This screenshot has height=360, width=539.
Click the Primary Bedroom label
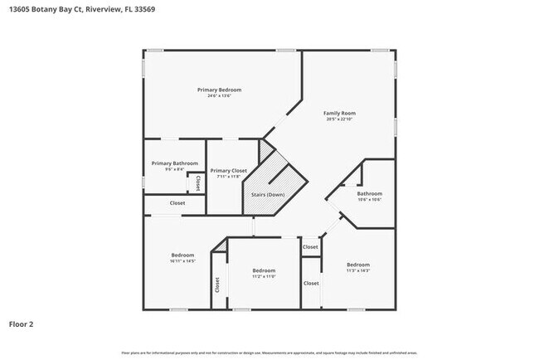[x=219, y=89]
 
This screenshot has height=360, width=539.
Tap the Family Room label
[x=340, y=113]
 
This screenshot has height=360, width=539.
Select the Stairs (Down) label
[x=268, y=194]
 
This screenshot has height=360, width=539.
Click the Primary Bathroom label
[x=174, y=163]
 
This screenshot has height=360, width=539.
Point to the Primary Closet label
[x=228, y=171]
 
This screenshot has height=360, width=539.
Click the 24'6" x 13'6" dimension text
[x=219, y=95]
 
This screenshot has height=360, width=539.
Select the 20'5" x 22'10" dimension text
[x=340, y=119]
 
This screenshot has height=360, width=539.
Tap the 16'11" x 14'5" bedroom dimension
[x=182, y=261]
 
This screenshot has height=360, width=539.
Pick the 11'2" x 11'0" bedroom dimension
[x=264, y=277]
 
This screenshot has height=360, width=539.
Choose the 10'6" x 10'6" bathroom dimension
[x=370, y=200]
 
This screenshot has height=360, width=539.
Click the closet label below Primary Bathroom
[x=177, y=203]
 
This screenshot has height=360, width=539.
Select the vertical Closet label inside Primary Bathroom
[x=197, y=182]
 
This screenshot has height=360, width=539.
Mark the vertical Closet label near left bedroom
[x=217, y=285]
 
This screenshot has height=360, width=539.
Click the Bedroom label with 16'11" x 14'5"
[x=182, y=255]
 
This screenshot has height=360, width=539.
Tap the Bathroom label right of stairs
[x=370, y=193]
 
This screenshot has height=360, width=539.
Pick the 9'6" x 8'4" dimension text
[x=174, y=170]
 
